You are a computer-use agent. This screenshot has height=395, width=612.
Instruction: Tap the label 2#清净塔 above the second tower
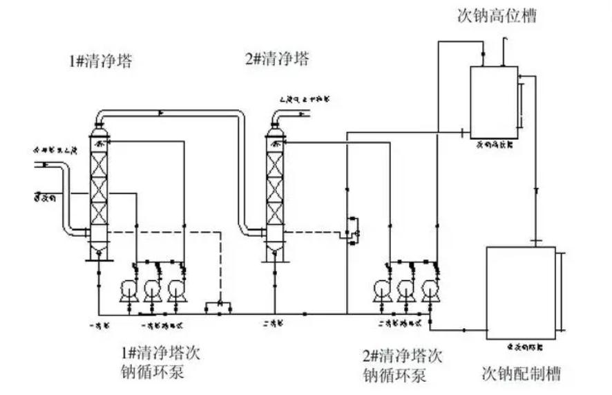277,59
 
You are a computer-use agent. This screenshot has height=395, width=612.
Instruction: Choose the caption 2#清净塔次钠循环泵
402,367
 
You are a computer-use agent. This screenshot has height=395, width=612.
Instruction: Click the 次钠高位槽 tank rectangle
493,101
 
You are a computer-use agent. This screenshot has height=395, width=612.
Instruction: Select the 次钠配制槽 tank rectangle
521,292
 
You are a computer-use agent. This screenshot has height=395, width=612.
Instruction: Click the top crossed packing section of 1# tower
99,163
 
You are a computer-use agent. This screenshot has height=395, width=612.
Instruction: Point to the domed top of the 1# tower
99,127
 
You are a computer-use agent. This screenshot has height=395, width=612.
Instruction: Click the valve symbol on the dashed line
219,305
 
